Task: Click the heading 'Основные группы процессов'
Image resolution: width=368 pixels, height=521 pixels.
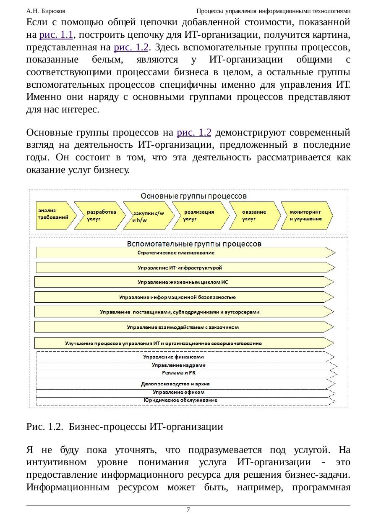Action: tap(193, 196)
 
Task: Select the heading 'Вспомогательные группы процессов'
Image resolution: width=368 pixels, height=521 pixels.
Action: tap(194, 243)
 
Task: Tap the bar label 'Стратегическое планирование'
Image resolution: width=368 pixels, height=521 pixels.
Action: tap(176, 253)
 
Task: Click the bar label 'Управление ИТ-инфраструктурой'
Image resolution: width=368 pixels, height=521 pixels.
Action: tap(180, 267)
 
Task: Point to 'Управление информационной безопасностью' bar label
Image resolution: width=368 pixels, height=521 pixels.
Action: tap(177, 297)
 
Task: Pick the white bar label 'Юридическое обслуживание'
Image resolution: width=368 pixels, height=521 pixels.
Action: tap(180, 400)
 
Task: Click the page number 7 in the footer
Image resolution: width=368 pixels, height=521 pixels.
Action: tap(188, 510)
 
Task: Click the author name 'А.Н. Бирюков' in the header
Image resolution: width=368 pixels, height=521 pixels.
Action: tap(45, 10)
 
